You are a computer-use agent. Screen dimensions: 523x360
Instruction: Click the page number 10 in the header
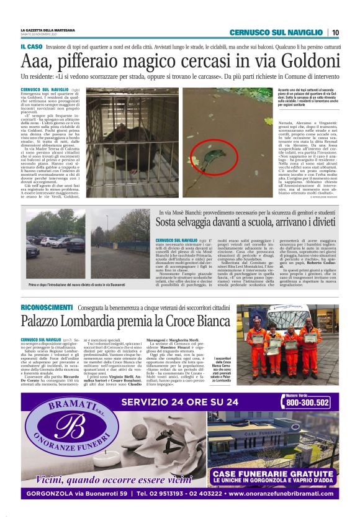[x=335, y=32]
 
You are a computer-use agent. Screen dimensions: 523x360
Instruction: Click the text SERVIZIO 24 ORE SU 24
[x=180, y=402]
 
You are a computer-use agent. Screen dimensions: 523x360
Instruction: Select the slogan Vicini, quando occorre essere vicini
[x=114, y=479]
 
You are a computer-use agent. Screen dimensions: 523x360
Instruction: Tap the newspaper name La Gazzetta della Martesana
[x=49, y=30]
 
